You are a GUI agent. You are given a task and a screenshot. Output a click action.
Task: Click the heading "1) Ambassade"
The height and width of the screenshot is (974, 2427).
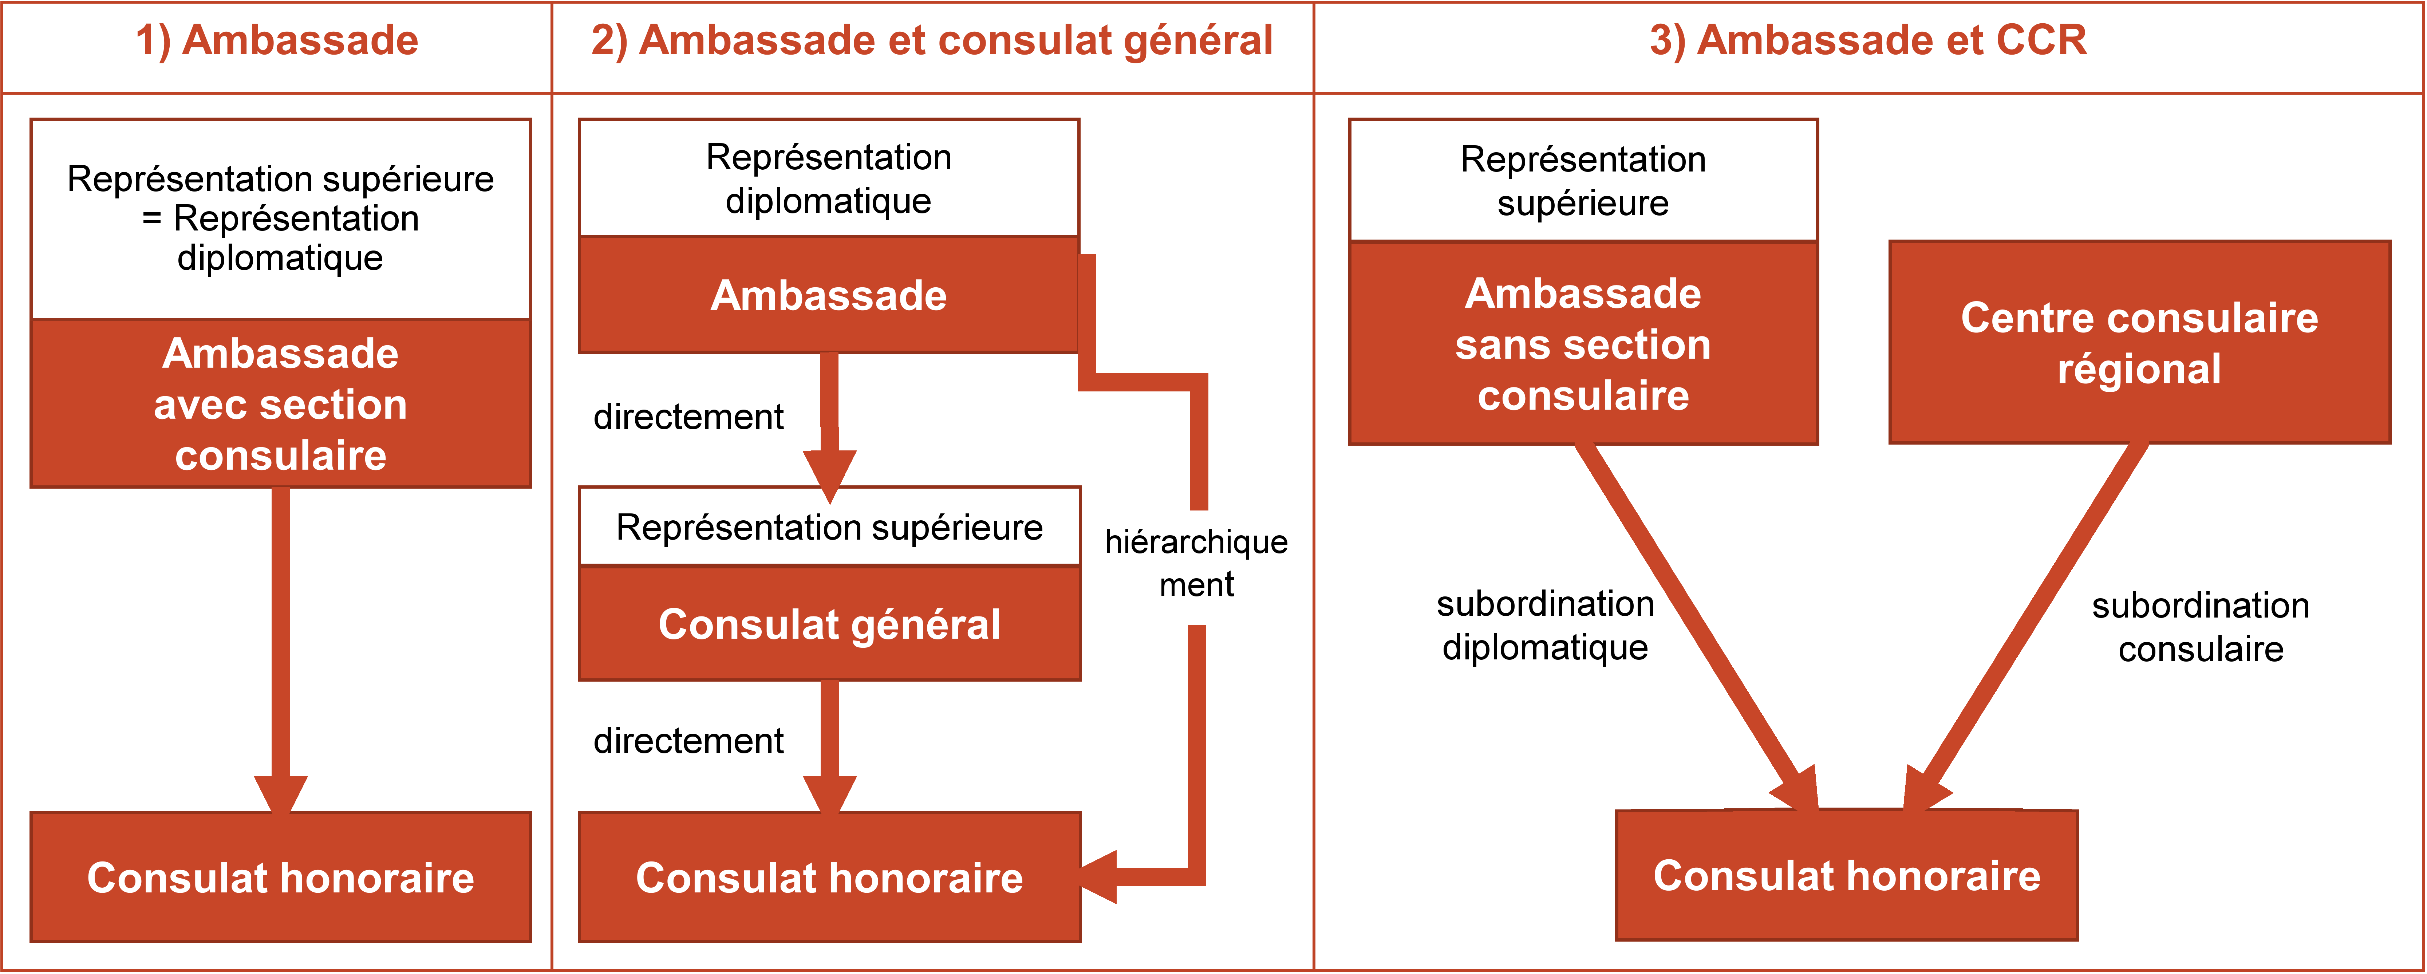[x=277, y=40]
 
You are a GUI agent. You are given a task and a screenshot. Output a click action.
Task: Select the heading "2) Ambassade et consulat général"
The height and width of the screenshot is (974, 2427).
[x=932, y=40]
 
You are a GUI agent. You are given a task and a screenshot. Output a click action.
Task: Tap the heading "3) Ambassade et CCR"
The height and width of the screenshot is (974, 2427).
[x=1868, y=40]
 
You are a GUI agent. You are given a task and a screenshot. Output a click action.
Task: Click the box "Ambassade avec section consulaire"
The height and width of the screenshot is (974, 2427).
[x=281, y=403]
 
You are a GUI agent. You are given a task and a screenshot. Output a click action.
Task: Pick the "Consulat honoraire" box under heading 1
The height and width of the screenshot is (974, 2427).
[x=281, y=877]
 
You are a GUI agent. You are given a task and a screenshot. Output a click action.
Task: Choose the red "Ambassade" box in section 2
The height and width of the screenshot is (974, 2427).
[x=829, y=295]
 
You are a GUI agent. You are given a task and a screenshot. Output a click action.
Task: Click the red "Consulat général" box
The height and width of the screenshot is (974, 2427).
[x=829, y=624]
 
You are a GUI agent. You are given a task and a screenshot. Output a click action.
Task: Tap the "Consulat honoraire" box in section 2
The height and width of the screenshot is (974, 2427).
[x=829, y=877]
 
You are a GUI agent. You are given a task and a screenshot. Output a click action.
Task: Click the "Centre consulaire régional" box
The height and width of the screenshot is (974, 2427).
[x=2140, y=342]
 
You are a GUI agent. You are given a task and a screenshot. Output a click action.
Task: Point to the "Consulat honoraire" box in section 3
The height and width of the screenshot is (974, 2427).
[x=1847, y=875]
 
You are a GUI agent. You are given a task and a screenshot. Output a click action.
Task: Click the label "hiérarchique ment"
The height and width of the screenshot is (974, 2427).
[x=1196, y=563]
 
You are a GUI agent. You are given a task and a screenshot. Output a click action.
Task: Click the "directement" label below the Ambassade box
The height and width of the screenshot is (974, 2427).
[x=689, y=416]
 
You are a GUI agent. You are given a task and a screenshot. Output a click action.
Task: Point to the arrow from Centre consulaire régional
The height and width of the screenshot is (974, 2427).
[x=2026, y=626]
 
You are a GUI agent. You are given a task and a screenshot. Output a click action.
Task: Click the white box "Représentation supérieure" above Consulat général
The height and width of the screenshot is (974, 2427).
[x=829, y=527]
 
